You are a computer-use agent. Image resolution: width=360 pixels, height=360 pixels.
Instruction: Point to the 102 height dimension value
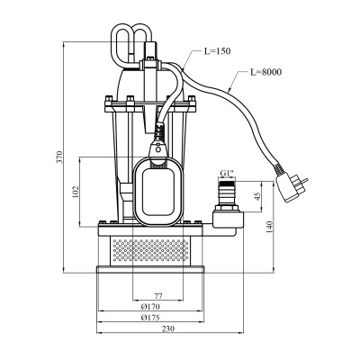76,192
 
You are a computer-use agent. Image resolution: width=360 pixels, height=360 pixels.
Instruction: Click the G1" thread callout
227,173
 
